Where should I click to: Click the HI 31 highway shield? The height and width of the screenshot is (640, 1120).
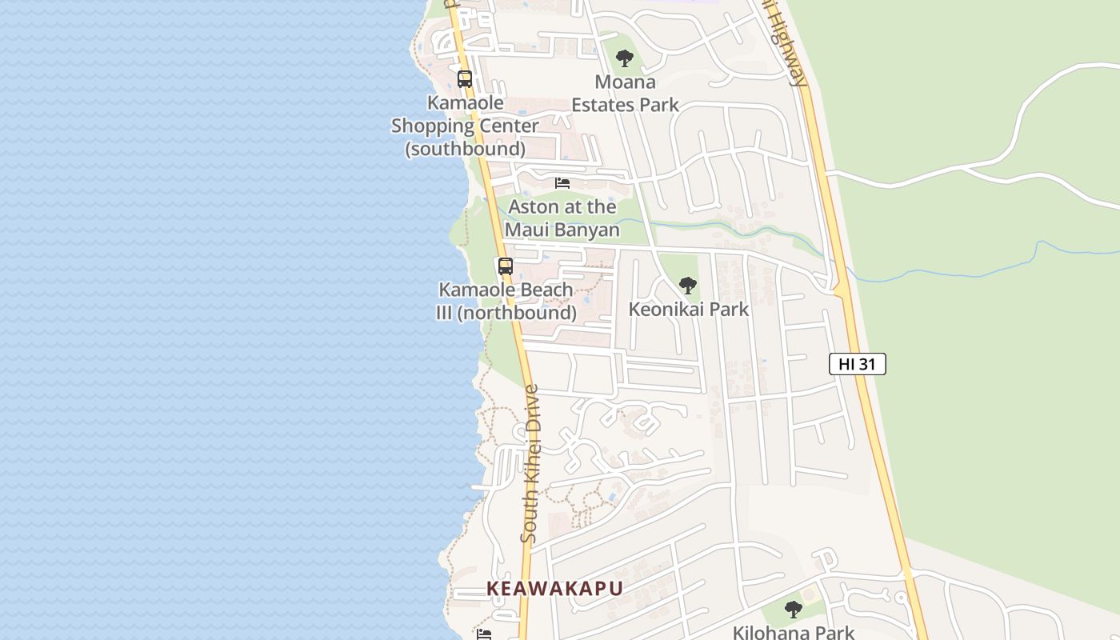[x=857, y=364]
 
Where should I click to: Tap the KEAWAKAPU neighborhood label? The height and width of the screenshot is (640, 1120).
[x=554, y=589]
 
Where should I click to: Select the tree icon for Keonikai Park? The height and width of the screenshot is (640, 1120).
[x=687, y=286]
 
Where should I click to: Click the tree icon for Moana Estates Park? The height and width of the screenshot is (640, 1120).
[x=625, y=58]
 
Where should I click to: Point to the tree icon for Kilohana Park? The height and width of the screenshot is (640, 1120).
[x=793, y=610]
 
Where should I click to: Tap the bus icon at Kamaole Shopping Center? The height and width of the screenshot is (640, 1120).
[x=465, y=79]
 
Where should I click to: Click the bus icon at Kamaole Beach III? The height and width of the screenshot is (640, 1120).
[x=506, y=266]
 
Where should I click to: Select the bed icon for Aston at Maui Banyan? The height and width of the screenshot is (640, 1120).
[x=562, y=183]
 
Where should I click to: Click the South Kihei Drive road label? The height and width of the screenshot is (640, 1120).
[x=530, y=464]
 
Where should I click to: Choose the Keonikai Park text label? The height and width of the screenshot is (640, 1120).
[x=688, y=309]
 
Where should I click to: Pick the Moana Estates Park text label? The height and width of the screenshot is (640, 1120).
[x=625, y=93]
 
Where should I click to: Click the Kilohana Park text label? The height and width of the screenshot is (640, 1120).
[x=794, y=632]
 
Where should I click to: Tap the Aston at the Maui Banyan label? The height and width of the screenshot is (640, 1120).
[x=562, y=218]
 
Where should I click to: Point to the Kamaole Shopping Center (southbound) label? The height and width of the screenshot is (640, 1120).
[x=465, y=126]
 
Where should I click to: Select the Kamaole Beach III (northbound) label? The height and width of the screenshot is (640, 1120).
[x=506, y=301]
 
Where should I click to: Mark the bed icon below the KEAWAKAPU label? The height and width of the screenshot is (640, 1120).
[x=484, y=634]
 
